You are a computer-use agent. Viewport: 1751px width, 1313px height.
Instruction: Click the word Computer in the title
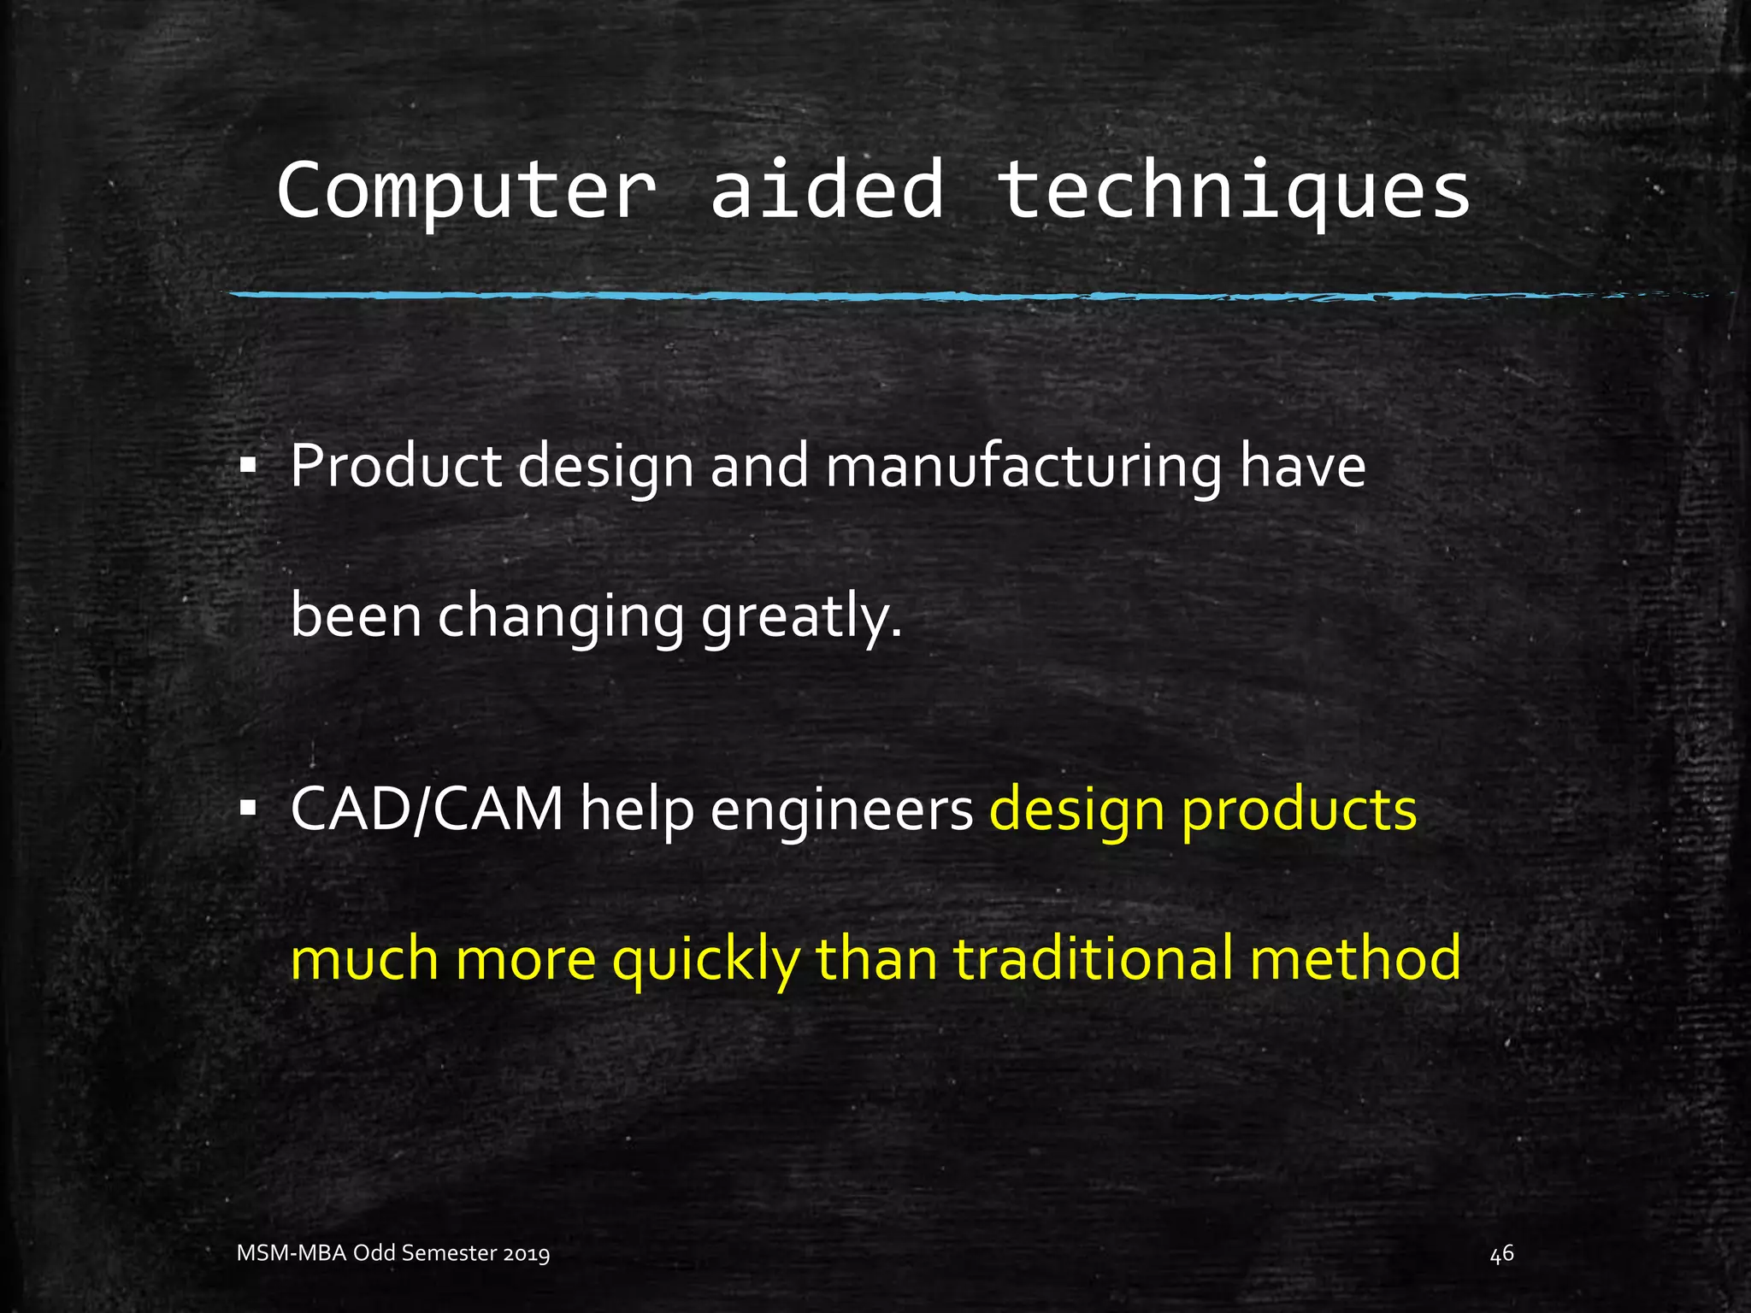(x=466, y=191)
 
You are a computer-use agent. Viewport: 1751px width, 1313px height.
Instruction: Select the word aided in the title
(x=827, y=190)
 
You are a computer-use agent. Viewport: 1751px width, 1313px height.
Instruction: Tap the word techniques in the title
(x=1234, y=191)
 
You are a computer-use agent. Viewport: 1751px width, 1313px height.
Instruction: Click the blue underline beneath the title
(x=855, y=296)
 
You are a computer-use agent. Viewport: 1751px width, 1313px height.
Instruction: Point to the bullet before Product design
(x=248, y=468)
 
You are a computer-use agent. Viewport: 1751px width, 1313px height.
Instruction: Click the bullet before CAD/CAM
(x=248, y=809)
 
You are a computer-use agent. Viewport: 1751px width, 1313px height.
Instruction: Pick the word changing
(x=561, y=617)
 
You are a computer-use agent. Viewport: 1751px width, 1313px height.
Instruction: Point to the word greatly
(x=801, y=617)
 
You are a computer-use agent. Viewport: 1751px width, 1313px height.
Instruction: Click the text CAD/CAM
(x=427, y=809)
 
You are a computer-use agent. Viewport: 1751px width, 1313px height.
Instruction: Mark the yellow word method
(x=1355, y=958)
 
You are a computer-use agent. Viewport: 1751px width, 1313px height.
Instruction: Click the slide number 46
(x=1501, y=1254)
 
